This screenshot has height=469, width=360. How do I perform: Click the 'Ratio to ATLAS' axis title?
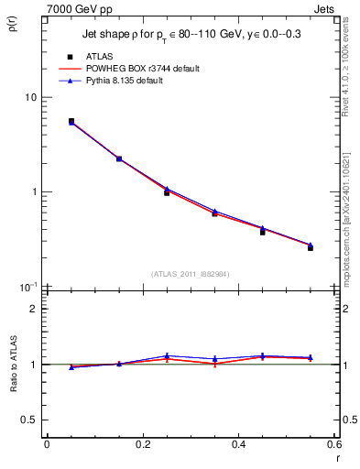[x=12, y=365]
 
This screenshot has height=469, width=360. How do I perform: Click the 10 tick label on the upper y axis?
[x=30, y=98]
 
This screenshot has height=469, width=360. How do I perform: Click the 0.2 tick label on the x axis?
[x=142, y=444]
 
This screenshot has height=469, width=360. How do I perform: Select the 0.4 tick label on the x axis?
[x=238, y=444]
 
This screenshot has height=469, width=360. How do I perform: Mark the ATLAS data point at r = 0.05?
[x=71, y=121]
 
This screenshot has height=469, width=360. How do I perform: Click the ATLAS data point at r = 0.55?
[x=311, y=248]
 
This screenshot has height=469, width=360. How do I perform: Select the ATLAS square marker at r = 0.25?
[x=167, y=192]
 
